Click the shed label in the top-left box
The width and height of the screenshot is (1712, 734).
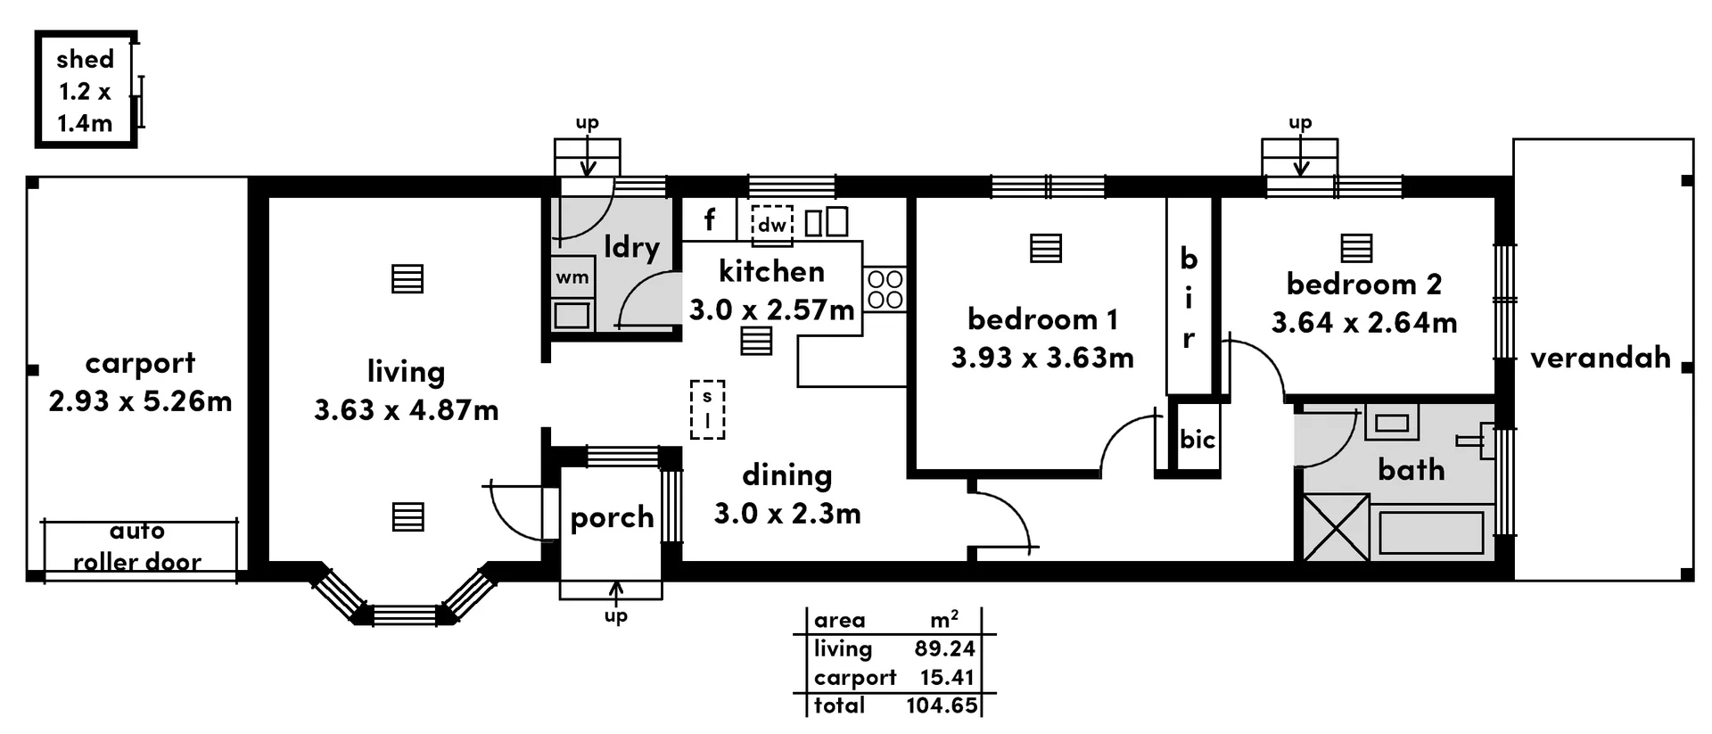[x=85, y=60]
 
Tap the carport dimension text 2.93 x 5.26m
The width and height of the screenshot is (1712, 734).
[x=140, y=401]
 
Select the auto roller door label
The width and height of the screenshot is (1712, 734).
[x=136, y=547]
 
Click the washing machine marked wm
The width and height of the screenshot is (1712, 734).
[x=572, y=277]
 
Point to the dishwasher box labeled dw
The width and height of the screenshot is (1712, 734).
[x=771, y=224]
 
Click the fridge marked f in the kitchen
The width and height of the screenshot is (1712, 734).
[x=709, y=219]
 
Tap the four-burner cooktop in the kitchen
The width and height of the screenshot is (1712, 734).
[x=885, y=290]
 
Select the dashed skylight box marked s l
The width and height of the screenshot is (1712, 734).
[x=708, y=409]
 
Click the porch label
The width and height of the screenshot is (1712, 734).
[x=612, y=517]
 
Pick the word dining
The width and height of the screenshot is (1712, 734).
[x=786, y=475]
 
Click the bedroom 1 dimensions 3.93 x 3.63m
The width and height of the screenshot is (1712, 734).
[x=1041, y=358]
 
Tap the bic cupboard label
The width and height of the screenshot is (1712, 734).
[x=1197, y=439]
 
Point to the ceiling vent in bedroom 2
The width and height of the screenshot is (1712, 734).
[x=1356, y=248]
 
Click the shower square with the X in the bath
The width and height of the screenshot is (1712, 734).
[x=1336, y=528]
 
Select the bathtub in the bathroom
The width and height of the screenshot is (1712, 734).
[x=1430, y=532]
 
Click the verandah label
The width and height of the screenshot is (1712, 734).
[x=1600, y=358]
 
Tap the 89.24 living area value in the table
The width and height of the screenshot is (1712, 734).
[x=944, y=649]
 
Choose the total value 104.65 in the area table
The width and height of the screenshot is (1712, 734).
[x=942, y=705]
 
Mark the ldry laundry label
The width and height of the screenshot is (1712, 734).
[x=631, y=246]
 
